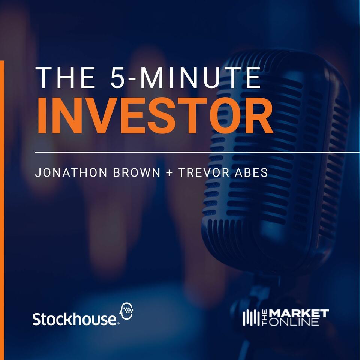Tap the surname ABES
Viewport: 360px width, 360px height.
[251, 174]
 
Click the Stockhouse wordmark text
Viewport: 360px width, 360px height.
[74, 319]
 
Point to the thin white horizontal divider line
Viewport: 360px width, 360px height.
[187, 153]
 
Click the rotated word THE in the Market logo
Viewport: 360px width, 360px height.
[264, 318]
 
